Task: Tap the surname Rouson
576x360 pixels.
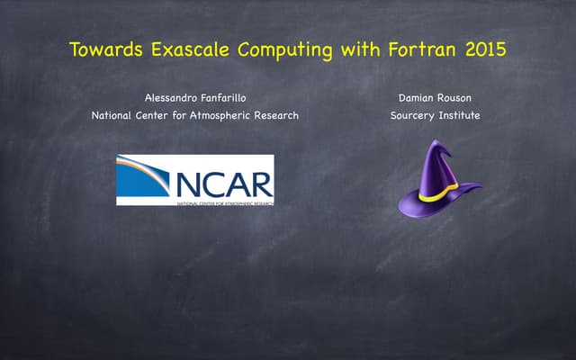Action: pyautogui.click(x=457, y=96)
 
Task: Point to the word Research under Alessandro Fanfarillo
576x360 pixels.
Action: pyautogui.click(x=277, y=115)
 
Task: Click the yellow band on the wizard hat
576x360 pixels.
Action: pyautogui.click(x=432, y=192)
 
